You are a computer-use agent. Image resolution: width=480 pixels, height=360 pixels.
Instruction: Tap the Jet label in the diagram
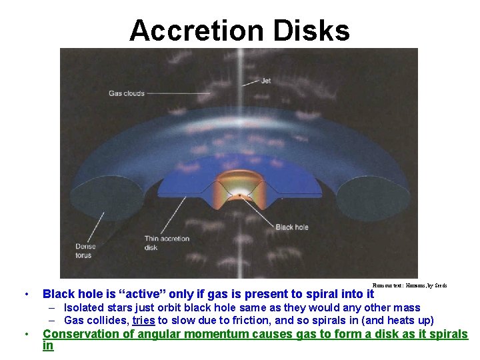tap(266, 81)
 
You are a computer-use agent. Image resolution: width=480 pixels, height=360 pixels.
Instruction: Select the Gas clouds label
tap(127, 93)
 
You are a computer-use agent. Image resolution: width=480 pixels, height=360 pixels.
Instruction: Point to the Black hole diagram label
tap(292, 227)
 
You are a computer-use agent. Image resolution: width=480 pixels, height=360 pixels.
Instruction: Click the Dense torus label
tap(85, 251)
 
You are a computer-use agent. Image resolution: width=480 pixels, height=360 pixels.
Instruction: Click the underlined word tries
tap(144, 320)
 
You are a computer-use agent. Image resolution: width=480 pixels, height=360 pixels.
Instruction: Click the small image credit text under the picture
tap(409, 285)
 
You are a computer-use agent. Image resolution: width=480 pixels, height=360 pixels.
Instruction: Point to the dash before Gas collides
tap(51, 320)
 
